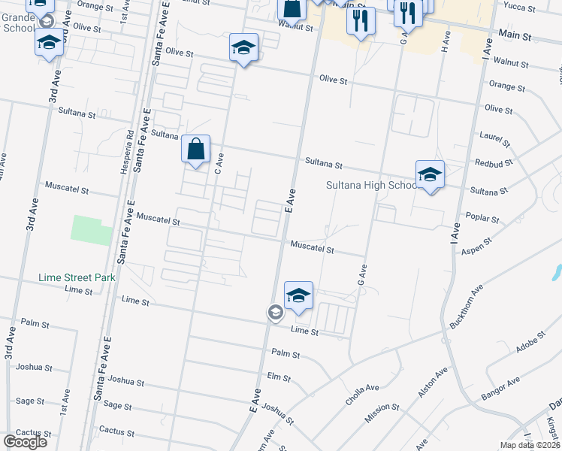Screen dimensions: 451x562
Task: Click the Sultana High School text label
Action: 370,185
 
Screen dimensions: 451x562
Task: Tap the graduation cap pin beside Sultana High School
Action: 430,175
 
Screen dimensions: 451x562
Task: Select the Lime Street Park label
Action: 77,277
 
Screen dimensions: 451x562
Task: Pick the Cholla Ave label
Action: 362,389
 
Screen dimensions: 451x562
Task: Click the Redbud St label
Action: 494,162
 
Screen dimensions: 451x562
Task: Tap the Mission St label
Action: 383,408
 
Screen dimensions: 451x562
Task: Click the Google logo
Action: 26,441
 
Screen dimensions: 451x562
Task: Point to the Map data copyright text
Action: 530,445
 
